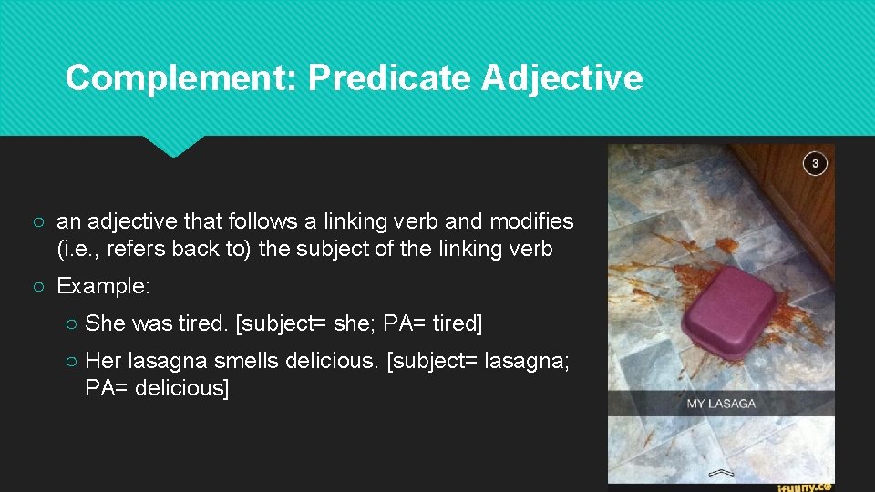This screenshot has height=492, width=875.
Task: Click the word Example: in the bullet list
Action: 103,286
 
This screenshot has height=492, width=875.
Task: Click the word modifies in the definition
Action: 531,221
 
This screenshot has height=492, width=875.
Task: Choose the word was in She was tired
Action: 152,323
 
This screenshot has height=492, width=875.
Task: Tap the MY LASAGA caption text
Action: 720,403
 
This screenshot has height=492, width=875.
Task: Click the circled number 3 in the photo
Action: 815,163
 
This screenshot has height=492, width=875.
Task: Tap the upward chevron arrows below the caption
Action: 722,474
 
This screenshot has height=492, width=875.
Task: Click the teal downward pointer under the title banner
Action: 173,146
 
